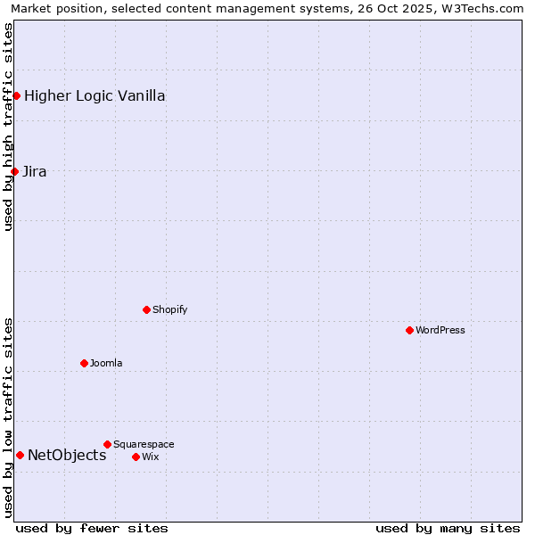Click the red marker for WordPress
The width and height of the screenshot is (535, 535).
pos(409,330)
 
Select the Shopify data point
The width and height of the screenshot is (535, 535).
pos(146,309)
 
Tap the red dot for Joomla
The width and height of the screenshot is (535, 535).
pos(84,363)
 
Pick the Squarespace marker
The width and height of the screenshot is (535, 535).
pos(107,444)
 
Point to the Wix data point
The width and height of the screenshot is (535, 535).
pos(136,457)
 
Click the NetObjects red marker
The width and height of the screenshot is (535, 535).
pos(20,455)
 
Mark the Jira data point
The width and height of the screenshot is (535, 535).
pos(14,171)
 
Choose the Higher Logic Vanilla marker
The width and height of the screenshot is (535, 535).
pos(16,95)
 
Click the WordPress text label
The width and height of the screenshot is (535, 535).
pos(440,330)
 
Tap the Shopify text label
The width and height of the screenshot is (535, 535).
pos(169,309)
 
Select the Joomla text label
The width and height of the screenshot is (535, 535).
pos(106,363)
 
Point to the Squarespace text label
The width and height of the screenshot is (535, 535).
pos(144,444)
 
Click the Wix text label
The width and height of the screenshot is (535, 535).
pos(150,457)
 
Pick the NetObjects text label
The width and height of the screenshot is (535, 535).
pos(67,455)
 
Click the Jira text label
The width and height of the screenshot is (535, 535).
pos(35,171)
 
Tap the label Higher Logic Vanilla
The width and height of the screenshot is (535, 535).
pos(95,95)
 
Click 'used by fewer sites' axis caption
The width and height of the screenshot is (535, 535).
pos(92,528)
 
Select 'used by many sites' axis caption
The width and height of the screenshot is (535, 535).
pos(448,528)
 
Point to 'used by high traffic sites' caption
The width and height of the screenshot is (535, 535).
pos(8,127)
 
